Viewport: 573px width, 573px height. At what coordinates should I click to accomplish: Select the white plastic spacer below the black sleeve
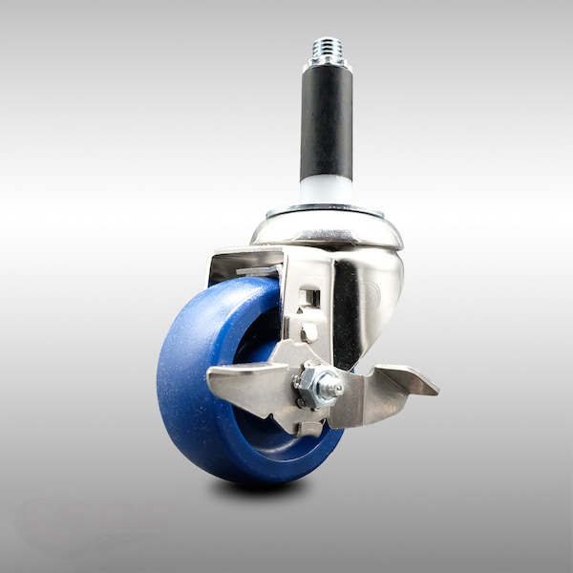pyautogui.click(x=326, y=190)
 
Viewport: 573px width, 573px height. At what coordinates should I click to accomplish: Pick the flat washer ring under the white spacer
pyautogui.click(x=325, y=208)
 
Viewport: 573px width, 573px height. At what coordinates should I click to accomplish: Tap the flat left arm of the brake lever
pyautogui.click(x=239, y=382)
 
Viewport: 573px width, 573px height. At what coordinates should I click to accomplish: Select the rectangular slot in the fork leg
pyautogui.click(x=308, y=298)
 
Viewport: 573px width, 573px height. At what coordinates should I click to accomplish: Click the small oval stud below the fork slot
pyautogui.click(x=309, y=331)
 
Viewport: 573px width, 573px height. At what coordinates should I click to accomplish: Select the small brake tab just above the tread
pyautogui.click(x=254, y=273)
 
